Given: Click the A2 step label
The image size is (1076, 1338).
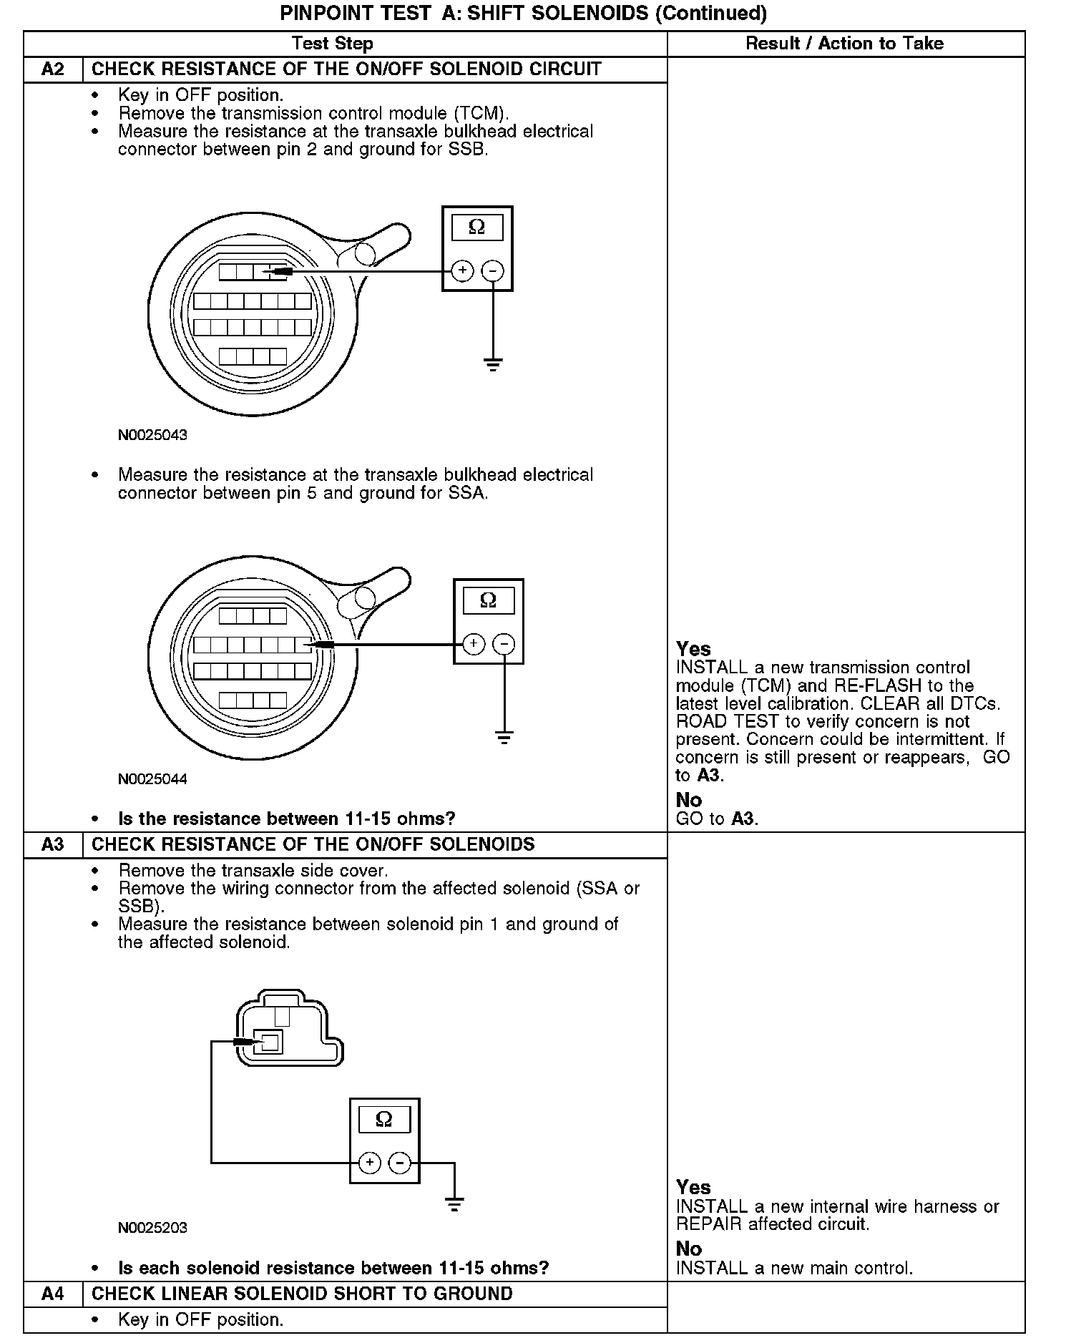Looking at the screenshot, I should [53, 69].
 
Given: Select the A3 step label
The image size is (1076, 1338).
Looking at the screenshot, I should [53, 844].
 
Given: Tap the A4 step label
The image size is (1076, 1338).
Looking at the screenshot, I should [53, 1294].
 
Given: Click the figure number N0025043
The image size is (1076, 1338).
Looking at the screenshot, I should [152, 435].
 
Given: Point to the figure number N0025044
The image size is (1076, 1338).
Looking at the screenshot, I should [152, 779].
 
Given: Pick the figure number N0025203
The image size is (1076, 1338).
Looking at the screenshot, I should [152, 1228].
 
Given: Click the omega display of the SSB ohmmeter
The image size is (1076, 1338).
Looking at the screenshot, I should [477, 228].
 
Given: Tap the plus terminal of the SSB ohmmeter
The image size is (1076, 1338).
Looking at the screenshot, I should [463, 271].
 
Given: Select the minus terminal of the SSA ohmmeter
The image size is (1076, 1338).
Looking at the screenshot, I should [504, 644].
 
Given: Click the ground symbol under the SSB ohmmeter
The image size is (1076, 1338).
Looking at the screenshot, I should [493, 365].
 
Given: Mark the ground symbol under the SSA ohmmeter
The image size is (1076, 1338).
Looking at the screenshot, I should [504, 738].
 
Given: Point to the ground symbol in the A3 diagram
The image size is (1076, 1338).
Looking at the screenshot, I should [454, 1204].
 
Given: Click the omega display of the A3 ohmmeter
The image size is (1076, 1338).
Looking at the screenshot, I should [384, 1119].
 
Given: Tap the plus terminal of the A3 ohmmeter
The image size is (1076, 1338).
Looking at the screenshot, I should [370, 1163].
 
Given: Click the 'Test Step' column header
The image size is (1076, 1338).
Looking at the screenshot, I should [333, 44].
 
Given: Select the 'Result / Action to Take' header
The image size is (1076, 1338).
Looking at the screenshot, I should [844, 44].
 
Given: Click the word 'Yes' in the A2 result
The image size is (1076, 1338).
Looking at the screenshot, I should [693, 649].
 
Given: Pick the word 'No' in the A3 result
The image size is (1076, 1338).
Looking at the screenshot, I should [689, 1249].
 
